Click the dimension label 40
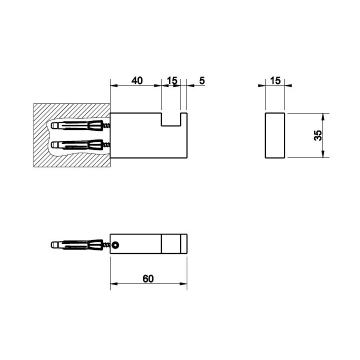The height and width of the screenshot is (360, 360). coord(137,80)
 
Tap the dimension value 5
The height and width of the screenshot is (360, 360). coord(202,80)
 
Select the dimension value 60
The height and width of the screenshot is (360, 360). coord(148,278)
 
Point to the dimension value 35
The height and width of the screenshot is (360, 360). coord(318,135)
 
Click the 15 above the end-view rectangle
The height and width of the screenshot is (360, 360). coord(275,80)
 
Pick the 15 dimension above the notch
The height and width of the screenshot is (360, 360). coord(172,80)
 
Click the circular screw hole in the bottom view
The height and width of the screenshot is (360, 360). coord(115,245)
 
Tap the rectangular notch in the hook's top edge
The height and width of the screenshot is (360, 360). coord(171,119)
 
